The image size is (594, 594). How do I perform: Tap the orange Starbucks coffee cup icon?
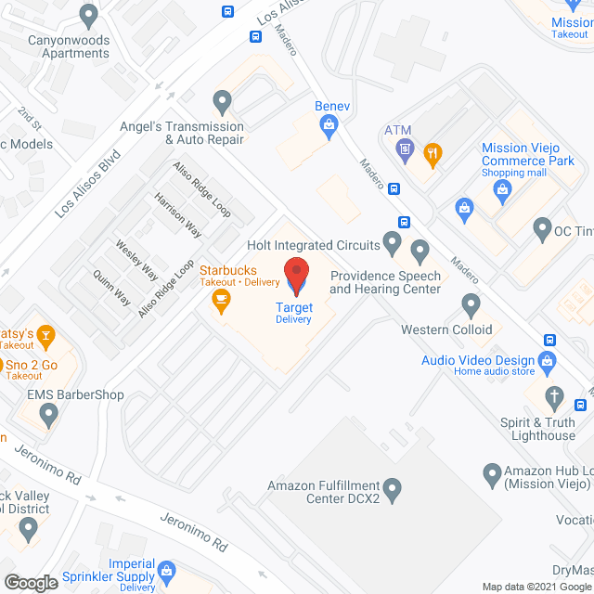221,299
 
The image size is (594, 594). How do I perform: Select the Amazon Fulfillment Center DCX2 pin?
393,486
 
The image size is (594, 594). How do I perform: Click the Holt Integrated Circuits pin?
393,245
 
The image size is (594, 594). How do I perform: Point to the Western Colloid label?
445,329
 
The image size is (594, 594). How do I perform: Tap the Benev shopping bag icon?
329,132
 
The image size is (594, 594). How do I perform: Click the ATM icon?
405,148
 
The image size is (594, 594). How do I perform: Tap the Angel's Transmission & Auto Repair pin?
221,99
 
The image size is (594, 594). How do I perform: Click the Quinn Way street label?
111,288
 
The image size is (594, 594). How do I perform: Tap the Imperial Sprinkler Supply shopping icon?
167,569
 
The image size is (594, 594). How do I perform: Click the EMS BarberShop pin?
48,414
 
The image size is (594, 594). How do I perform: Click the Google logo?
30,583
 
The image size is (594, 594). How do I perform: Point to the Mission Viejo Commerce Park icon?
503,191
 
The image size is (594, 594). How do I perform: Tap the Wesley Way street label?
136,260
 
